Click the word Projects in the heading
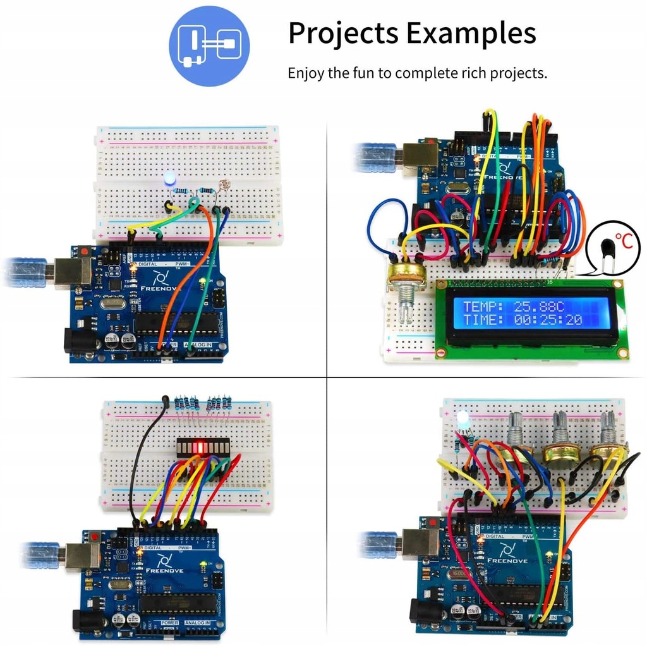(x=344, y=33)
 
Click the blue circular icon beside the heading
(x=209, y=46)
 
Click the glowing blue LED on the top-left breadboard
(x=169, y=180)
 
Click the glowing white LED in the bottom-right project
(x=462, y=419)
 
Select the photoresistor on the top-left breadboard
(x=221, y=188)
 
